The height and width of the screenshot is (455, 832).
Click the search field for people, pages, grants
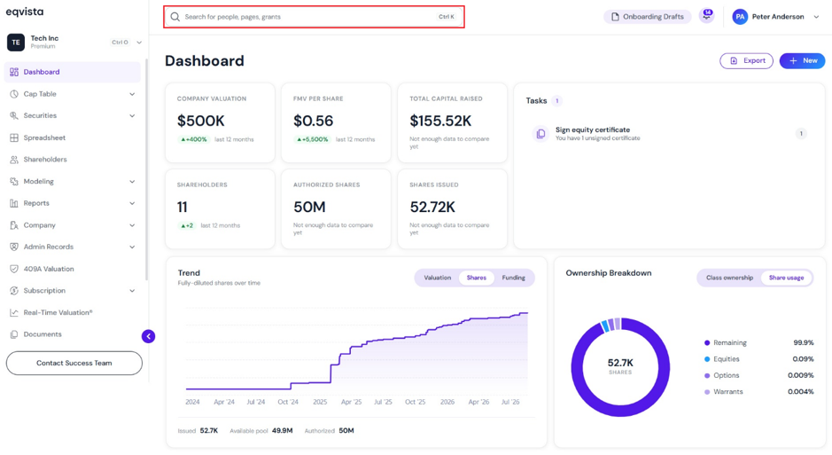tap(314, 17)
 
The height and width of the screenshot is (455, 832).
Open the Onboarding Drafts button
tap(648, 17)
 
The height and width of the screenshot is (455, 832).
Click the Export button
tap(746, 60)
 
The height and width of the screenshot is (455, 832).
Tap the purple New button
tap(802, 60)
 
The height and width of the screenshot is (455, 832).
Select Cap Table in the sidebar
tap(40, 94)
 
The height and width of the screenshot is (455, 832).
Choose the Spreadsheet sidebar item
tap(44, 137)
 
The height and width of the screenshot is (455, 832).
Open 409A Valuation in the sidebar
tap(49, 269)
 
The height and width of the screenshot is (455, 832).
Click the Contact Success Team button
tap(74, 363)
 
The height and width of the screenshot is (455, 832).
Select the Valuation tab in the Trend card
tap(437, 278)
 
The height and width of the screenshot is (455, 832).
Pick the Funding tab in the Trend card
tap(513, 278)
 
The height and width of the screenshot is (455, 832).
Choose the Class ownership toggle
tap(729, 278)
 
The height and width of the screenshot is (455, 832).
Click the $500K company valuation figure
tap(200, 121)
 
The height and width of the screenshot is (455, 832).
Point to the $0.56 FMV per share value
tap(313, 121)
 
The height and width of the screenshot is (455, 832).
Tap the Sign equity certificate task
tap(593, 129)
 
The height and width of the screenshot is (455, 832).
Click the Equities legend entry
tap(726, 359)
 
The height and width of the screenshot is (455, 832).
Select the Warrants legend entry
tap(728, 392)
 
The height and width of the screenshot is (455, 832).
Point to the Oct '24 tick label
tap(288, 402)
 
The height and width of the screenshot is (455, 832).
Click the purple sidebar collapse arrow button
tap(149, 336)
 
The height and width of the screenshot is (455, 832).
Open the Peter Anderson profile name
tap(778, 17)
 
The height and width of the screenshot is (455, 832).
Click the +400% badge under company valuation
tap(193, 139)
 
